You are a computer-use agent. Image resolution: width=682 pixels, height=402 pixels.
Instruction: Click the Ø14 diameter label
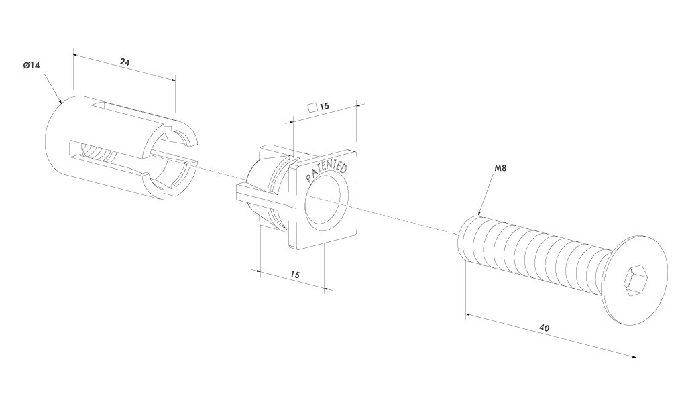click(x=31, y=66)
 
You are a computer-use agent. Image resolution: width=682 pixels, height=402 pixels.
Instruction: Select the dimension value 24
click(x=125, y=62)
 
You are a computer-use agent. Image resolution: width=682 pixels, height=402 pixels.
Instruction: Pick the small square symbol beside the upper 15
click(x=311, y=107)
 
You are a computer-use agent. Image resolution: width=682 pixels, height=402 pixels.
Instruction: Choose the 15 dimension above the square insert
click(x=325, y=106)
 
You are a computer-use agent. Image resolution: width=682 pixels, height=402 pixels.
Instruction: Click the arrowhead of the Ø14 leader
click(x=61, y=102)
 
